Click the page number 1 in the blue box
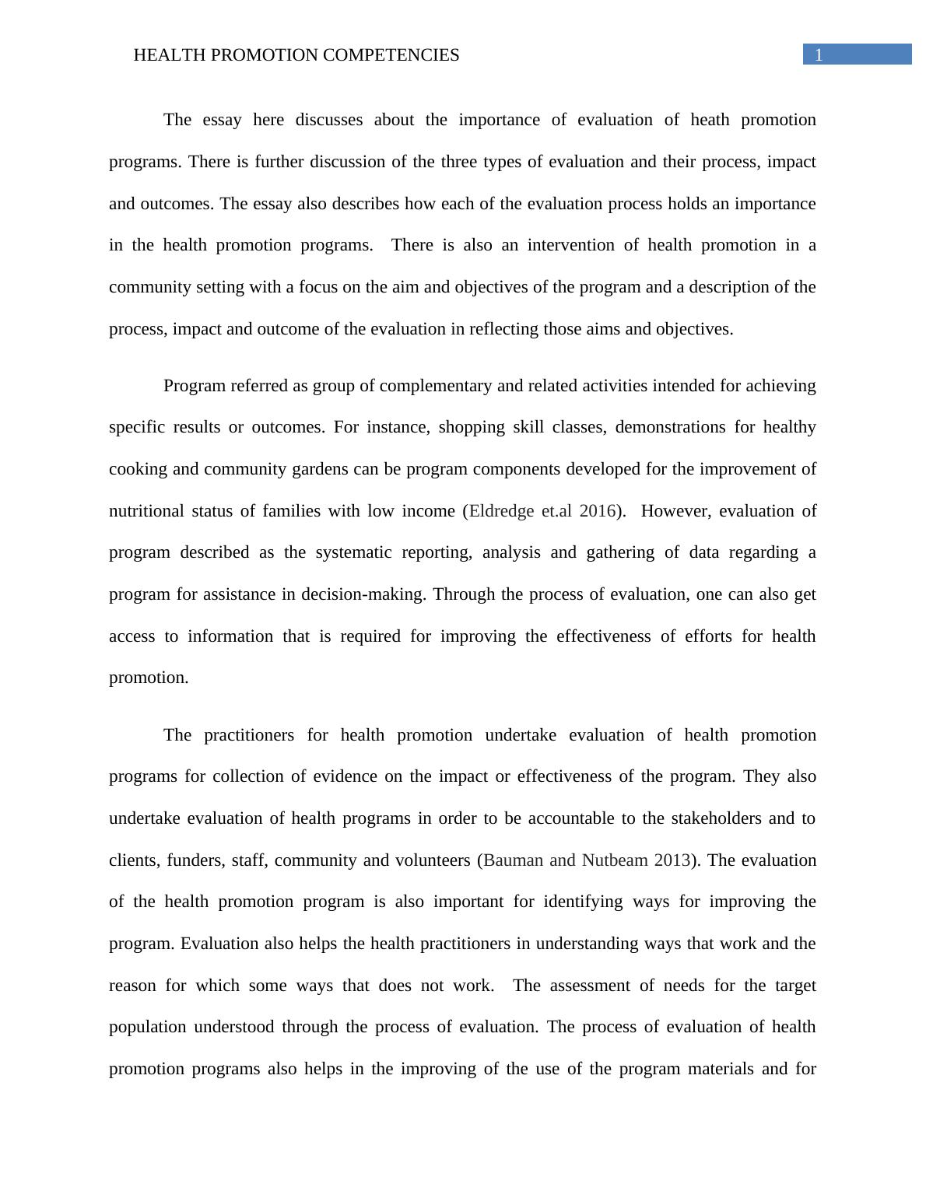click(818, 54)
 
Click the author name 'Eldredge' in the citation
click(502, 511)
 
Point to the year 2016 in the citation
click(597, 511)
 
